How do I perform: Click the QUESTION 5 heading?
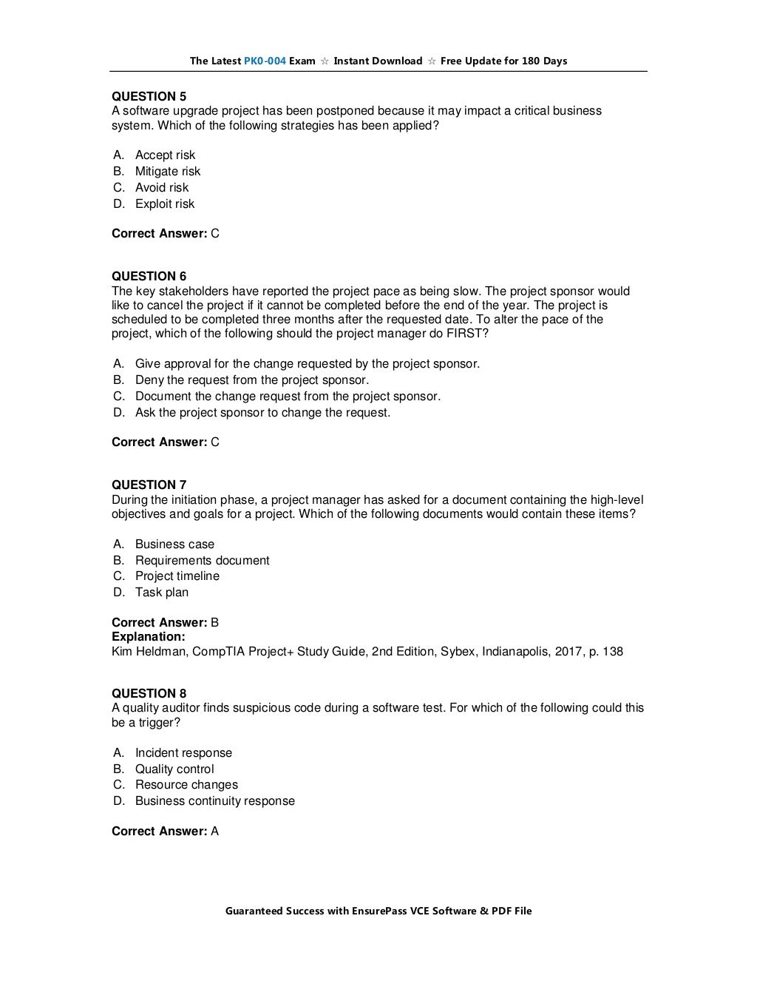[149, 96]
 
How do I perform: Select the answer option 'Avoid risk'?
[161, 187]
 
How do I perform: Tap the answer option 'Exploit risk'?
[164, 203]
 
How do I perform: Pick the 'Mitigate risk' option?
[167, 171]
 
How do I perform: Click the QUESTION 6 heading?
[149, 277]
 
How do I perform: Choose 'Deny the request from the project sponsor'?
[251, 380]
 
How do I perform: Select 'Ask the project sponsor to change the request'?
[262, 412]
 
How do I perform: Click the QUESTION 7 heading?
[149, 485]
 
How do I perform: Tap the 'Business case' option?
[174, 544]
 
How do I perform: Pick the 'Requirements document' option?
[202, 560]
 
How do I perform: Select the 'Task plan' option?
[161, 592]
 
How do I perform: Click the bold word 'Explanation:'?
[148, 636]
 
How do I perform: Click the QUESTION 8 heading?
[149, 693]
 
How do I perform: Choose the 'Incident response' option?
[183, 752]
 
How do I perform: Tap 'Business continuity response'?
[214, 800]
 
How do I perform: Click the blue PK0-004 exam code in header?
[265, 61]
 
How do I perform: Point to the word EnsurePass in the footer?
[378, 911]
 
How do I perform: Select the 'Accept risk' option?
[165, 155]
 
